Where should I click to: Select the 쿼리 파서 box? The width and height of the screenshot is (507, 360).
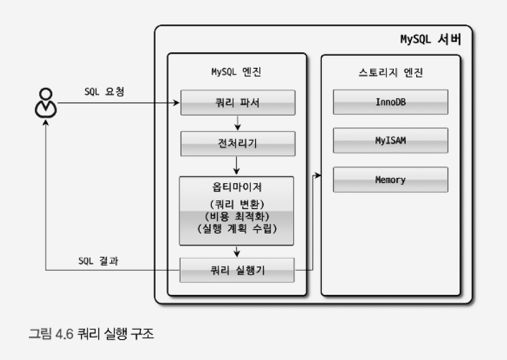[x=238, y=103]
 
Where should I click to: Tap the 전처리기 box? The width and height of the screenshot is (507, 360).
[x=238, y=143]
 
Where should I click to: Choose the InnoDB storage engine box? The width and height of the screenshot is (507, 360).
[x=390, y=102]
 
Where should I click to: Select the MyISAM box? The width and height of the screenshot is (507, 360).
[x=390, y=141]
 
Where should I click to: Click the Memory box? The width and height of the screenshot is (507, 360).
[x=390, y=180]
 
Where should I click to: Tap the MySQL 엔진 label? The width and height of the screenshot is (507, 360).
[x=237, y=72]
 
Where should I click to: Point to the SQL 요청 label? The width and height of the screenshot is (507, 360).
[x=104, y=91]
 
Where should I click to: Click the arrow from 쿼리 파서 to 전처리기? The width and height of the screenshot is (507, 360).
[x=237, y=123]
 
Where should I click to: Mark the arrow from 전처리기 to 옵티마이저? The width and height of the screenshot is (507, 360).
[x=237, y=166]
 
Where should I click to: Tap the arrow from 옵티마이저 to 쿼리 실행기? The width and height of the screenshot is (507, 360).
[x=237, y=251]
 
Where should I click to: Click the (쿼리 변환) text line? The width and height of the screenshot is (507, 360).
[x=237, y=203]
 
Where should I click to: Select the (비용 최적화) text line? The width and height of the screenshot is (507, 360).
[x=237, y=216]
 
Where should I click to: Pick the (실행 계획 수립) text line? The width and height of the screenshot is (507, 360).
[x=237, y=229]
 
